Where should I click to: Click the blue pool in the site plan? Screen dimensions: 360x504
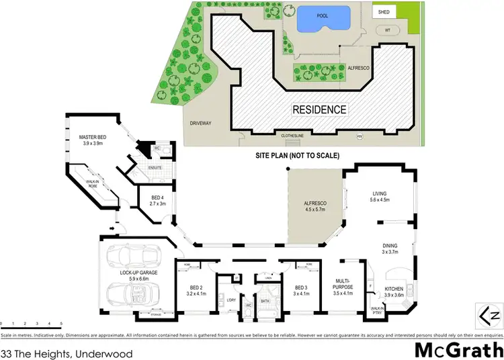coord(323,17)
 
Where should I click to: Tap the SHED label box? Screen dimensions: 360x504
coord(384,11)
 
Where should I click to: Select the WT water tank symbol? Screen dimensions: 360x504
coord(387,30)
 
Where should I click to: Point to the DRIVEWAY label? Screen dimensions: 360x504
coord(200,124)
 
